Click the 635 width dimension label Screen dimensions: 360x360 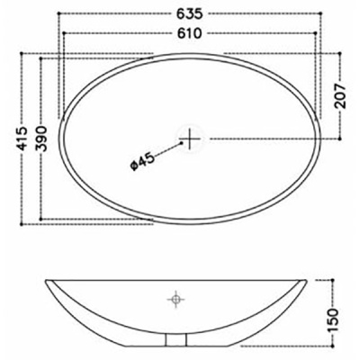(189, 13)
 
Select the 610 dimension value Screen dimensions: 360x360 (189, 32)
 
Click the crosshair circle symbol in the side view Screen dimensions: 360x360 (176, 296)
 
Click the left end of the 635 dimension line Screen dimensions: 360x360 (57, 13)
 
